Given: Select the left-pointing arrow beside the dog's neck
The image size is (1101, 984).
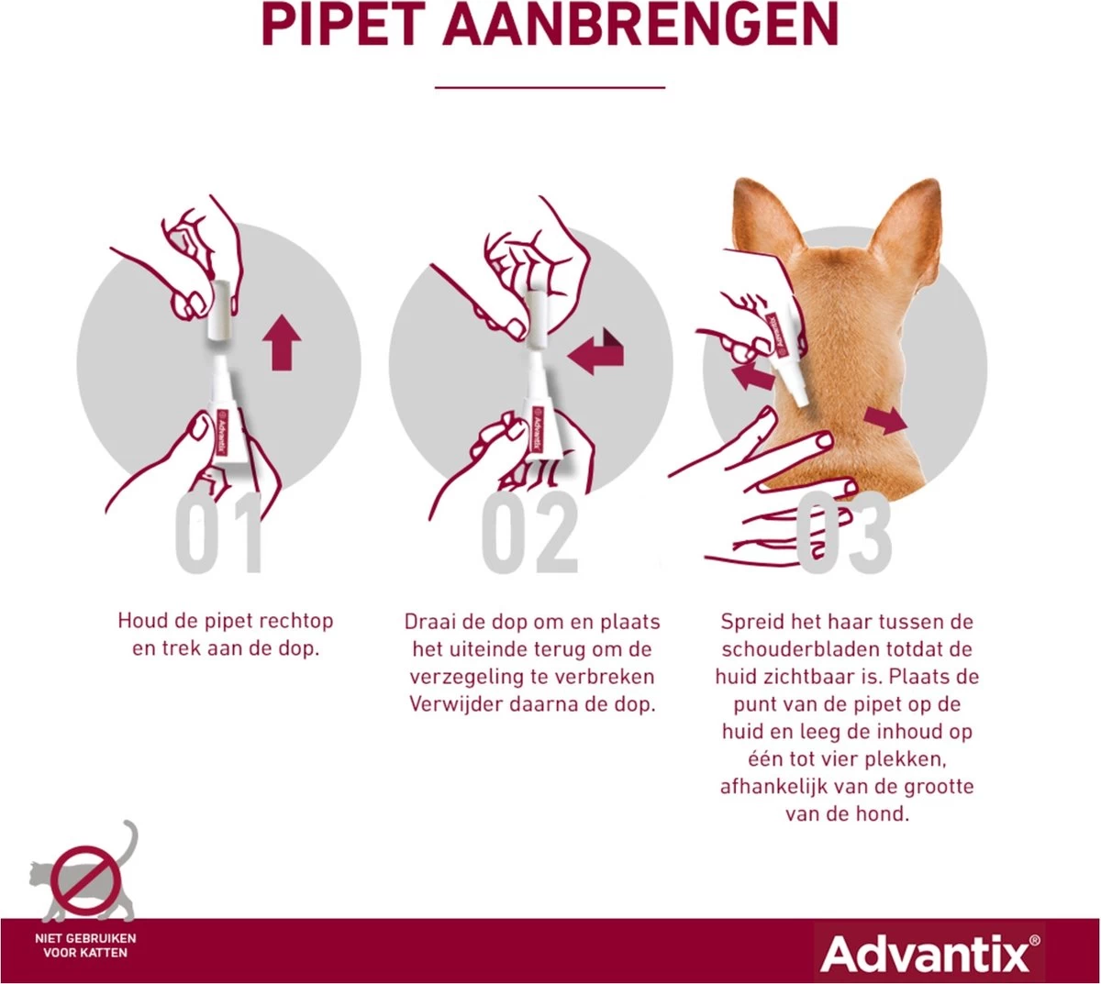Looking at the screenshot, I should [751, 373].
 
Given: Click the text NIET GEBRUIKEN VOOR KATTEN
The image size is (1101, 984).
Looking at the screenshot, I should [85, 945].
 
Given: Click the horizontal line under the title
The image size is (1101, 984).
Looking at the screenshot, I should [550, 87].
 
